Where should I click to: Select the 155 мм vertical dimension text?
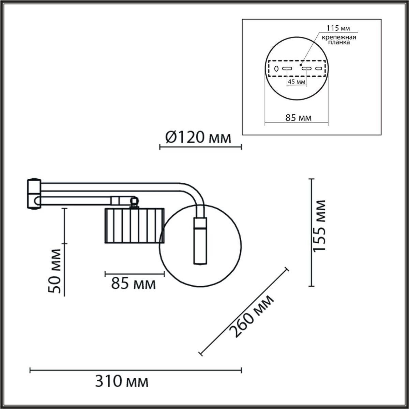tap(319, 226)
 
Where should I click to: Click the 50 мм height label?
tap(55, 271)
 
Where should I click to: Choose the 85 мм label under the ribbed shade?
tap(133, 284)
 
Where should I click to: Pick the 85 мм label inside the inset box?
tap(298, 118)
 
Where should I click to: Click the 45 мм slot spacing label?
tap(296, 82)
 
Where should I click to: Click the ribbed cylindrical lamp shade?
tap(134, 225)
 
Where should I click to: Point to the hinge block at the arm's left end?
tap(34, 194)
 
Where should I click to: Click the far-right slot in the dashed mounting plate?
tap(319, 69)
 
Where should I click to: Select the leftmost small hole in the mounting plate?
tap(276, 69)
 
